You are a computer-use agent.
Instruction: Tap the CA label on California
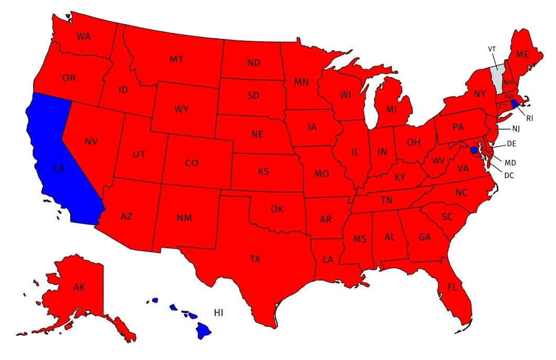coord(59,168)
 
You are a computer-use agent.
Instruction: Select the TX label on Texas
coord(255,259)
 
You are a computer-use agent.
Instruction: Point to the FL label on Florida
coord(452,287)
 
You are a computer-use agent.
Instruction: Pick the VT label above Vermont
coord(492,49)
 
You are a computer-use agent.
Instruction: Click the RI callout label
coord(530,119)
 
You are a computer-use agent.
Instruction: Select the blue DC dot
coord(474,150)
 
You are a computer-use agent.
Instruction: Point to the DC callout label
coord(509,175)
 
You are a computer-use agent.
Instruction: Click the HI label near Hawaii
coord(219,313)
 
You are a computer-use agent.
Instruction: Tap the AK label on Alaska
coord(79,287)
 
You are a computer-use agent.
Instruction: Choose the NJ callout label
coord(516,129)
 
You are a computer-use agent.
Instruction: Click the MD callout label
coord(511,162)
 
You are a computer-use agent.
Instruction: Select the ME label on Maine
coord(522,54)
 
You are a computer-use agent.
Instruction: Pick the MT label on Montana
coord(176,59)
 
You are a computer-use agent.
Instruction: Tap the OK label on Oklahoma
coord(277,209)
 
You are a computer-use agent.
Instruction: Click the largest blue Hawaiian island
coord(204,330)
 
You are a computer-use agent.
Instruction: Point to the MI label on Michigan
coord(391,110)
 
